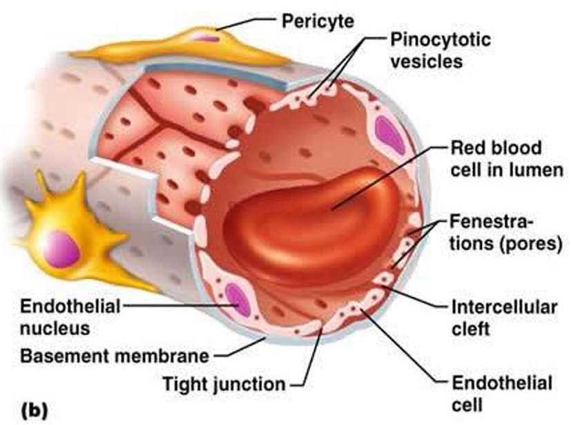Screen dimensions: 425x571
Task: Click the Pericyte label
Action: (318, 21)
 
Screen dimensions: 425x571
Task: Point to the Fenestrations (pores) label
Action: (503, 233)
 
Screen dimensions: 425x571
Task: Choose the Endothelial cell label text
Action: (502, 393)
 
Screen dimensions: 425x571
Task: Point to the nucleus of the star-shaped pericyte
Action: (62, 247)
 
